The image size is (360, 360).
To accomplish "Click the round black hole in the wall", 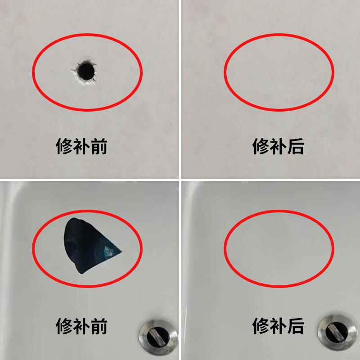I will click(85, 71).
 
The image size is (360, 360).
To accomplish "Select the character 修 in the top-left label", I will click(64, 147).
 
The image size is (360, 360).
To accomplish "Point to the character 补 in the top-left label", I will click(81, 147).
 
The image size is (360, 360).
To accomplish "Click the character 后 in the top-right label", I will click(296, 147).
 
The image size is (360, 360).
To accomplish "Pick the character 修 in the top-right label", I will click(261, 147).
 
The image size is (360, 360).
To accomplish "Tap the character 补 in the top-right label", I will click(279, 147).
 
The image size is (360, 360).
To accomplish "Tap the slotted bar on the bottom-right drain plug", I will click(336, 333).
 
